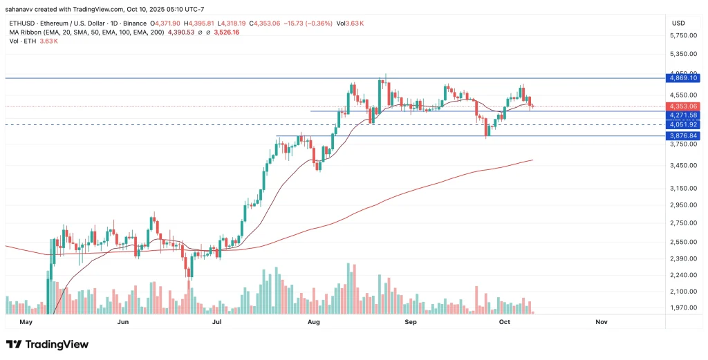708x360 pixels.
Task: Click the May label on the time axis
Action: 26,322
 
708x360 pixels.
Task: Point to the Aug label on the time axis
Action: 313,322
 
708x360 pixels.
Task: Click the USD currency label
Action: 678,23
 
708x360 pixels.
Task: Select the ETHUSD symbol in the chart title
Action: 21,23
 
